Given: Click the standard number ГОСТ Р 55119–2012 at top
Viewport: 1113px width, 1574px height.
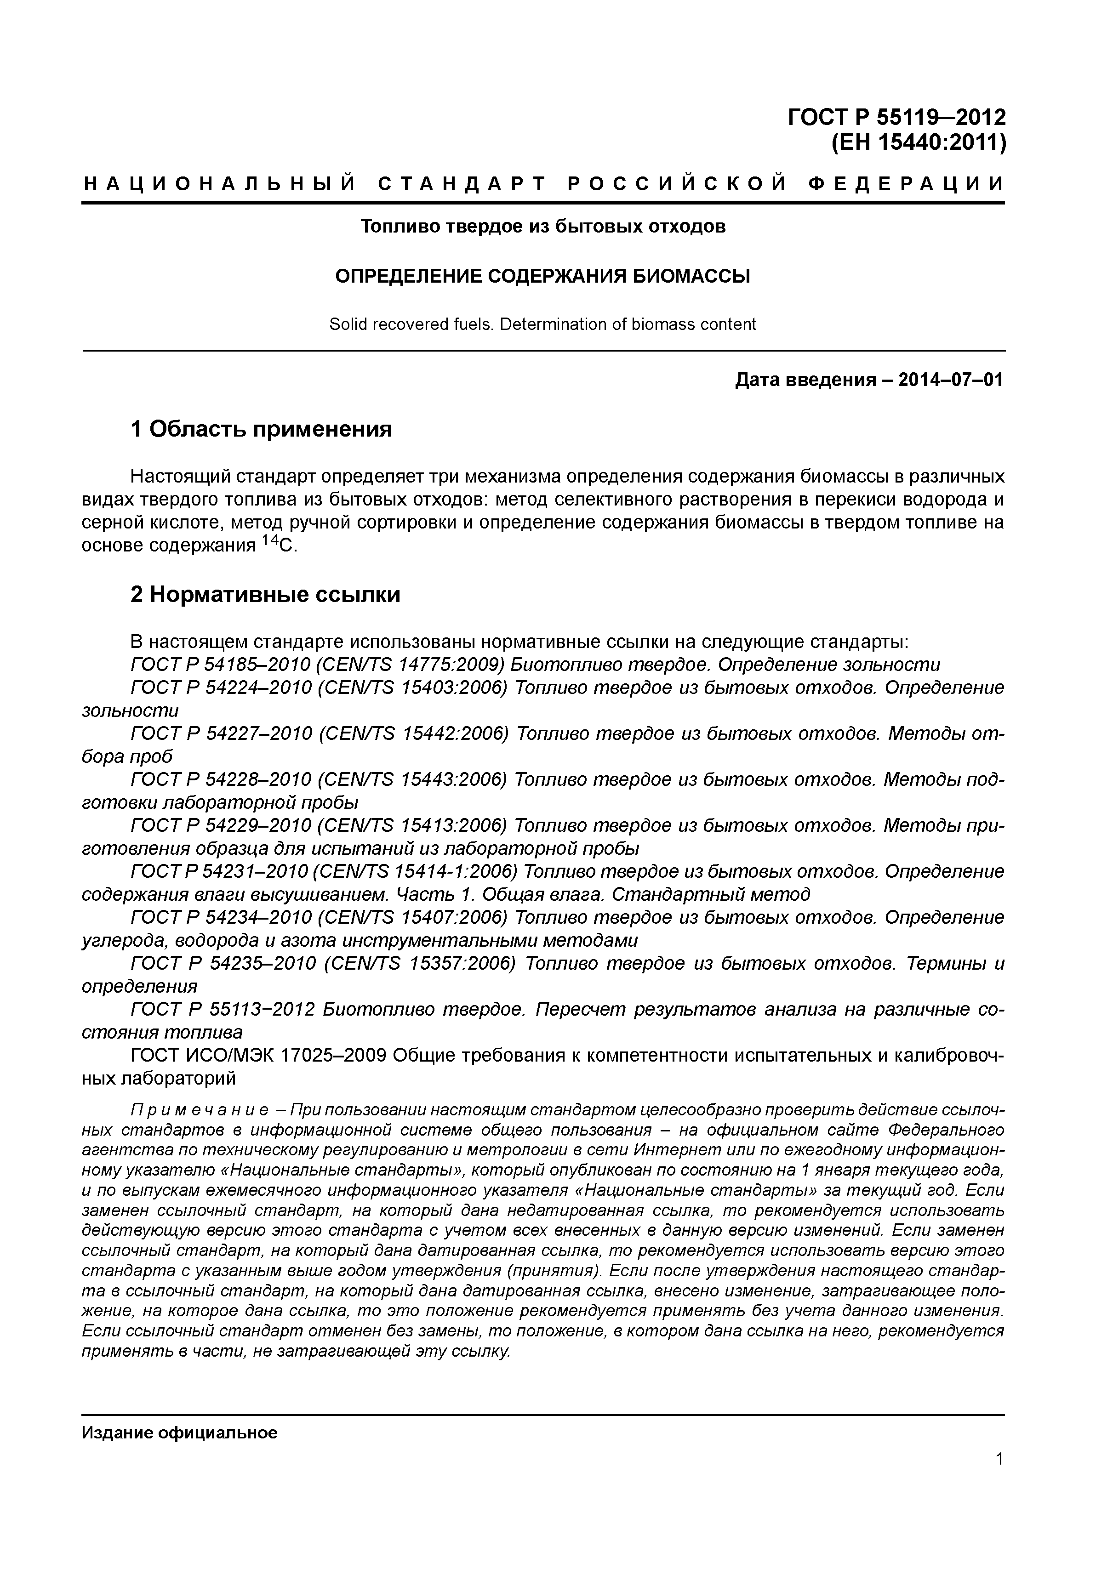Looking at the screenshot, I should (x=896, y=118).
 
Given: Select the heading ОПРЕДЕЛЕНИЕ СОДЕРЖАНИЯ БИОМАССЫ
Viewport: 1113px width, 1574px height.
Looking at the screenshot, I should (x=542, y=276).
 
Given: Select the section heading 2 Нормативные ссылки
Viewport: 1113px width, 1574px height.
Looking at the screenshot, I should (x=265, y=594).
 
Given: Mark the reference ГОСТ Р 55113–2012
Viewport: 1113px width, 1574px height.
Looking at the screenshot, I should (x=222, y=1009).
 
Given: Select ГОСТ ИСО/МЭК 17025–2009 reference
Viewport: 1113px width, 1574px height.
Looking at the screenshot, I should (x=257, y=1055).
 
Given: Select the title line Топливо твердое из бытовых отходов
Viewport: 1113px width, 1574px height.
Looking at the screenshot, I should (x=542, y=226).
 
